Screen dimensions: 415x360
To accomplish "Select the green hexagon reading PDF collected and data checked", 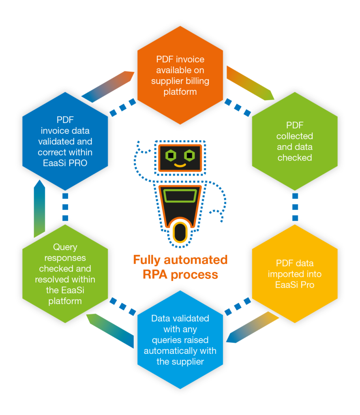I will point(295,141).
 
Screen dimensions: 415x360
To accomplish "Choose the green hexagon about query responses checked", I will point(65,274).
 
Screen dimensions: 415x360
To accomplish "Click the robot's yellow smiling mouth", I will point(179,165).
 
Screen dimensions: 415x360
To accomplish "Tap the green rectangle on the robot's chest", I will point(180,197).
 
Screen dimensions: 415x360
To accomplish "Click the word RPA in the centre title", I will point(155,274).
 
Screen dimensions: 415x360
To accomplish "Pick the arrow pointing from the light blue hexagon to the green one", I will point(110,330).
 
